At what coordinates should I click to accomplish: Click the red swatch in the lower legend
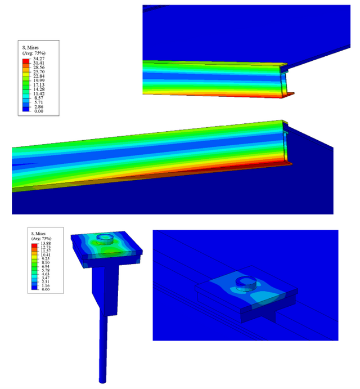tap(35, 244)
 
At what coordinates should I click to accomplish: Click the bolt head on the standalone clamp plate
tap(105, 239)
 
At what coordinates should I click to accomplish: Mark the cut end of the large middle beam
tap(287, 143)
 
